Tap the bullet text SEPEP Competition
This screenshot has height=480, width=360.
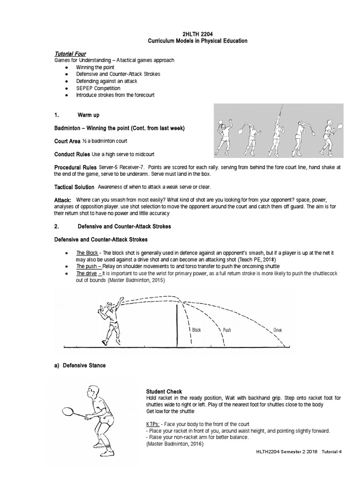pos(98,88)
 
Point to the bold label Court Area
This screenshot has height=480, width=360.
pos(67,141)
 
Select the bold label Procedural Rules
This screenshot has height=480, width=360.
pos(75,167)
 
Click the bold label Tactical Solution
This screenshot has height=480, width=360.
pos(74,187)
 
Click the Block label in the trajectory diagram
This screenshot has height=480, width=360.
pos(196,330)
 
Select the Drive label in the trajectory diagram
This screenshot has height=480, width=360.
pos(277,330)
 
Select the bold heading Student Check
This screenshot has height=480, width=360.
pos(164,391)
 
